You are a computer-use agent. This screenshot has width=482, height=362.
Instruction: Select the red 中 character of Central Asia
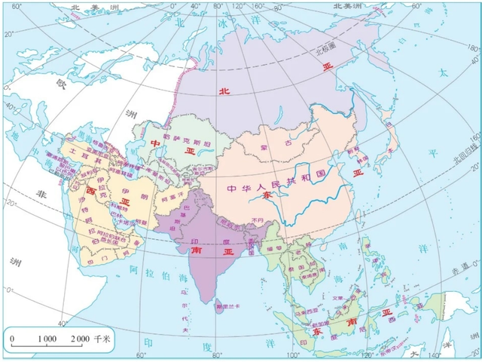(x=155, y=144)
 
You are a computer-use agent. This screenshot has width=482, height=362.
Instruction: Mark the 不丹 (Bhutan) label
(x=260, y=219)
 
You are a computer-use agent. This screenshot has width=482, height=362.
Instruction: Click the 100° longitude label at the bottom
(x=292, y=354)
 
